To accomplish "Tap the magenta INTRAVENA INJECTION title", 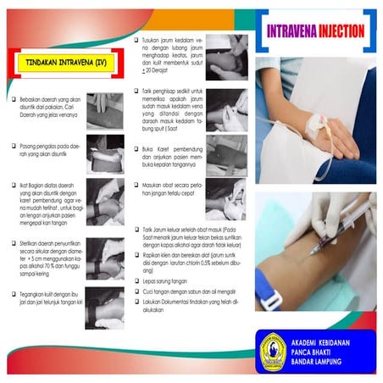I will tap(316, 32).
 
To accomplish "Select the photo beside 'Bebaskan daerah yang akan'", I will tap(105, 105).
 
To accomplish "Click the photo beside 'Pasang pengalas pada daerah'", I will tap(105, 153).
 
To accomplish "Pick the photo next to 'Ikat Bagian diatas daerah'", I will tap(105, 201).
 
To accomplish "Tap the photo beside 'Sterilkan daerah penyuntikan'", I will tap(105, 253).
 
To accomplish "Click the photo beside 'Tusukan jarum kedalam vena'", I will tap(225, 54).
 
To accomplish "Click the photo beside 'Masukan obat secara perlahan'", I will tap(225, 199).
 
